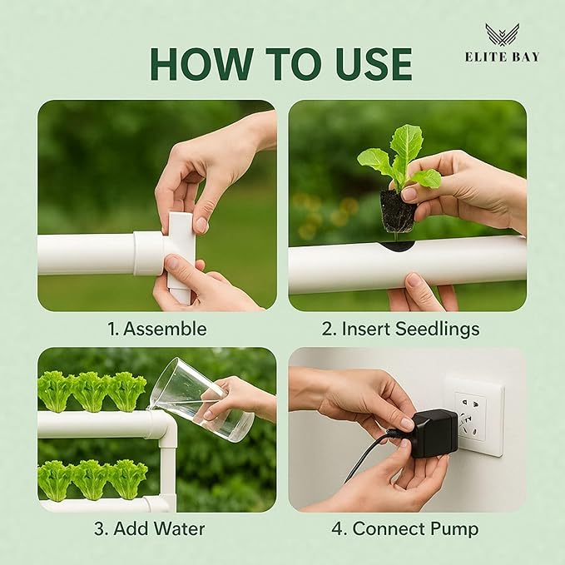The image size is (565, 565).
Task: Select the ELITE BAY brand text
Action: [502, 57]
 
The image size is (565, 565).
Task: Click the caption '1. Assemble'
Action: [156, 328]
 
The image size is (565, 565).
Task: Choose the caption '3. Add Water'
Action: [156, 528]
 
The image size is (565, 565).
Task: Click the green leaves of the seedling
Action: [404, 154]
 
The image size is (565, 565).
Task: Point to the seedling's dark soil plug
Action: [397, 213]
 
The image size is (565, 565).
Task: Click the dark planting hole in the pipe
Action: [399, 245]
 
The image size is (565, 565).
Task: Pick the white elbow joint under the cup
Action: [163, 428]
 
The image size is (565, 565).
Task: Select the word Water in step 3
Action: [178, 528]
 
